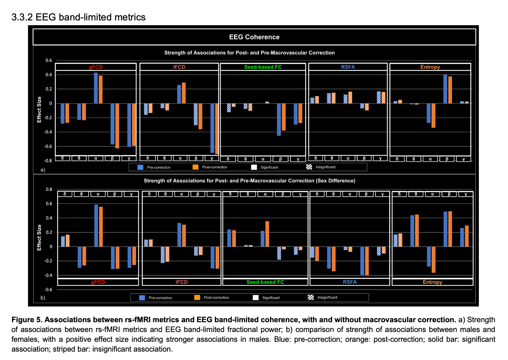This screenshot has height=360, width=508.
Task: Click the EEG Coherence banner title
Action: click(254, 37)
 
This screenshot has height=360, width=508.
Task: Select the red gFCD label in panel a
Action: click(96, 67)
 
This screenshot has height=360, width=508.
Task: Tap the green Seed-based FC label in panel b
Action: click(265, 282)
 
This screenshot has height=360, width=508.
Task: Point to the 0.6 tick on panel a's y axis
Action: click(49, 60)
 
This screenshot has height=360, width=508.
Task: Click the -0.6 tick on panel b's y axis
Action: click(49, 289)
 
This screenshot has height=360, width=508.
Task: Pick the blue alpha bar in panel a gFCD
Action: click(96, 88)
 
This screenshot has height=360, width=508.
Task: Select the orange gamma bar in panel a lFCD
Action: click(216, 129)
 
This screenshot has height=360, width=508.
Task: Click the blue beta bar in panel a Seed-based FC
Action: click(279, 120)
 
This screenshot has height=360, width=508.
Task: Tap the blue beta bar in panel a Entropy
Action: click(445, 89)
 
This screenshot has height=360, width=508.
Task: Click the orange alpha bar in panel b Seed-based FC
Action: click(267, 234)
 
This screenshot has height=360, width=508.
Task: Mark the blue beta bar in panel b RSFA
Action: click(362, 261)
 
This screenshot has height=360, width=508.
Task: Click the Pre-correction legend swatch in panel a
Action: click(140, 167)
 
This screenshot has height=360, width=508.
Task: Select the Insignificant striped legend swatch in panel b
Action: click(311, 297)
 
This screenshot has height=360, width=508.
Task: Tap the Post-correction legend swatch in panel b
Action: click(197, 297)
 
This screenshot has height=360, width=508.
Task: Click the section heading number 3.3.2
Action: click(22, 17)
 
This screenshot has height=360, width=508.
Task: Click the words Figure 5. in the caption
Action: click(27, 320)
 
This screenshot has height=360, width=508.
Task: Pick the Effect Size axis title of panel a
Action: click(39, 109)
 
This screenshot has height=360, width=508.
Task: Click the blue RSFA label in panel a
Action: click(348, 67)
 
